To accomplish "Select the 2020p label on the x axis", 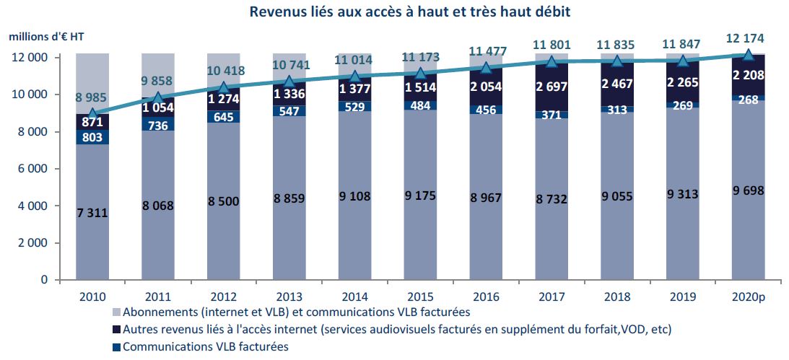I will coord(749,296).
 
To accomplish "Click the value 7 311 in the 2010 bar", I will coord(93,213).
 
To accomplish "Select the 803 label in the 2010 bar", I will coord(93,136).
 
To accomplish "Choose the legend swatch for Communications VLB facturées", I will coord(115,347).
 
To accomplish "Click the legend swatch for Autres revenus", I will coord(115,330).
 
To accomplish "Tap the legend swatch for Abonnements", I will coord(115,312).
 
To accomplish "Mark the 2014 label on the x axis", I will coord(355,296).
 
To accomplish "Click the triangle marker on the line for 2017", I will coord(552,61).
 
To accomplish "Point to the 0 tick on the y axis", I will coord(45,280).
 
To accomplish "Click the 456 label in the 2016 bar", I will coord(487,110).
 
